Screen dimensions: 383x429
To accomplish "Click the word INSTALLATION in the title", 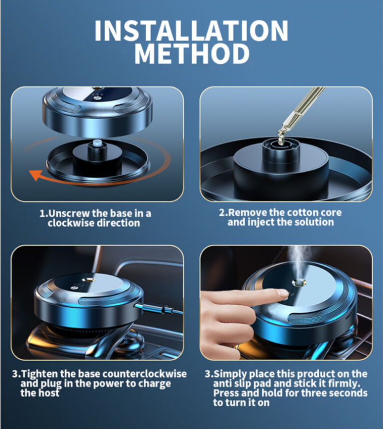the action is point(191,30).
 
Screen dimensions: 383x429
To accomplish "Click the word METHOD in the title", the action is point(192,53).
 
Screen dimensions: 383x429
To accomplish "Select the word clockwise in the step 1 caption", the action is point(71,223).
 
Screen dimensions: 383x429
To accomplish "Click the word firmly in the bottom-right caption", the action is point(344,383).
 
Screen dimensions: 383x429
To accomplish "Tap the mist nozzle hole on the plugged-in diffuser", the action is point(88,280).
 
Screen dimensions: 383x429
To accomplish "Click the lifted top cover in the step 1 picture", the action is point(97,112).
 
